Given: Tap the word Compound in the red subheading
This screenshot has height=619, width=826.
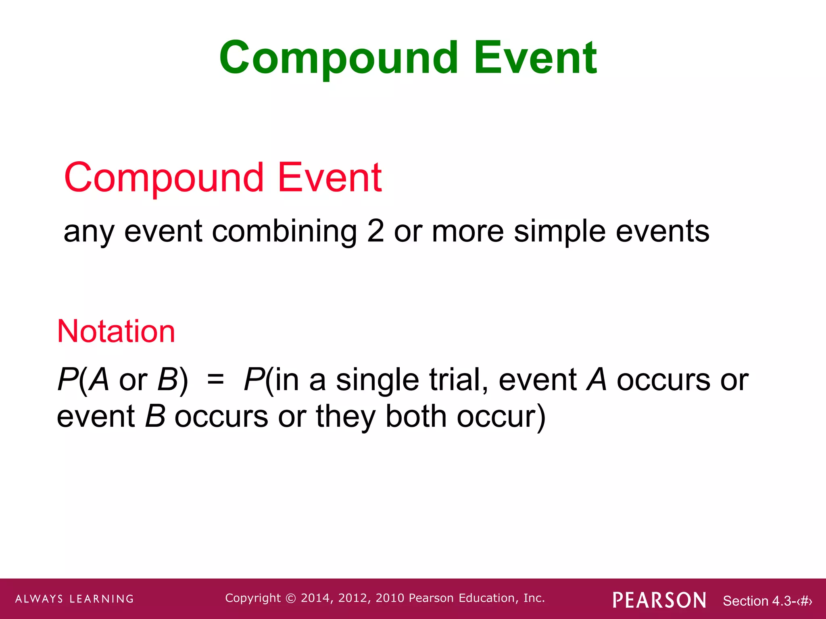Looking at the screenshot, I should pyautogui.click(x=164, y=178).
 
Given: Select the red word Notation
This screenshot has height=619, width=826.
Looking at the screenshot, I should pyautogui.click(x=116, y=331).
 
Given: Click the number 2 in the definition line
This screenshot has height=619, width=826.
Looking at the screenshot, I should pyautogui.click(x=375, y=231).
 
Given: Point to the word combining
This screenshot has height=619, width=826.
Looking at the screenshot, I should pyautogui.click(x=284, y=232).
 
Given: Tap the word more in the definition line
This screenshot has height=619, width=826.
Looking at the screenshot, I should pyautogui.click(x=467, y=232).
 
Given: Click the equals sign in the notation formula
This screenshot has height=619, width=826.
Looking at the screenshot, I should pyautogui.click(x=215, y=380).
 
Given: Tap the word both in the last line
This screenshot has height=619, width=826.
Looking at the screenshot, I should pyautogui.click(x=416, y=416).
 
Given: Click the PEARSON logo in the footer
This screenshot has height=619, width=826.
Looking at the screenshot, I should pyautogui.click(x=659, y=600).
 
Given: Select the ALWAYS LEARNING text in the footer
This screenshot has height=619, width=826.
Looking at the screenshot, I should pyautogui.click(x=75, y=599).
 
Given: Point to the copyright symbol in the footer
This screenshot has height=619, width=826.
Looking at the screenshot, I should pyautogui.click(x=290, y=598).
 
